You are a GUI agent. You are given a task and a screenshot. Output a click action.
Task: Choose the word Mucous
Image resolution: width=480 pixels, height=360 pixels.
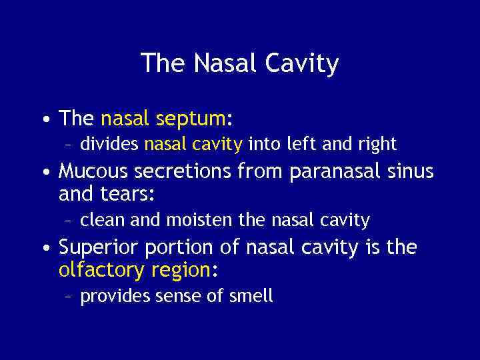coord(94,172)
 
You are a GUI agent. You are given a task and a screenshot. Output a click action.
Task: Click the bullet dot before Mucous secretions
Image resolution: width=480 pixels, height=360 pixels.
coord(44,173)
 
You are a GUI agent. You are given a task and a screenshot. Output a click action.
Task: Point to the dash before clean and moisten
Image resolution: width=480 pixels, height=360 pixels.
coord(71,219)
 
